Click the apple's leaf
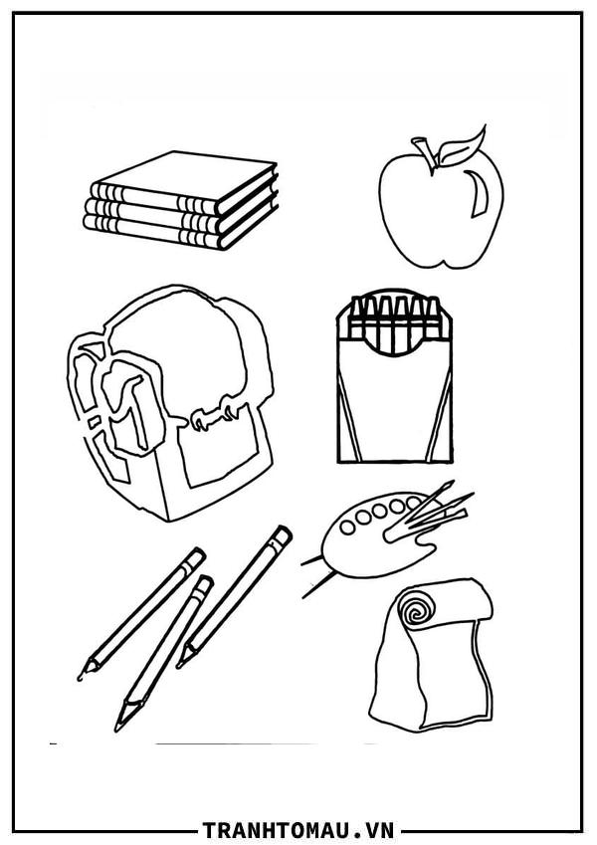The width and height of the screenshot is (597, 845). pos(460,146)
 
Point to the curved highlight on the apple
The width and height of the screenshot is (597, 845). pos(477,194)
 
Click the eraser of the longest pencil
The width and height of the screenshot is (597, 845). pos(281,536)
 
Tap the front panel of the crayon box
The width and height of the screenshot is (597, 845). pos(394,410)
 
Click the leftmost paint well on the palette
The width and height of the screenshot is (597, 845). pos(347,528)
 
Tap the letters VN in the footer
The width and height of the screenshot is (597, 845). pos(380,829)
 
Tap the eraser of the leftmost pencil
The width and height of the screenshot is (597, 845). pos(193,558)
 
